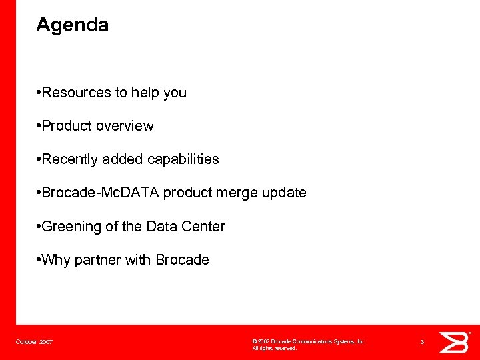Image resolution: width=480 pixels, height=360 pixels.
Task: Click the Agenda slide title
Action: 72,25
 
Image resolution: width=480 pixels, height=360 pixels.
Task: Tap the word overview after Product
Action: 125,126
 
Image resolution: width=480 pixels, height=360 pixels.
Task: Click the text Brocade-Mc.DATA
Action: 100,193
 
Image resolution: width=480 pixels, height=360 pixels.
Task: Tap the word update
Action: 285,193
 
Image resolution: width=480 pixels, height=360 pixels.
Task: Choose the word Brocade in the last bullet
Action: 182,260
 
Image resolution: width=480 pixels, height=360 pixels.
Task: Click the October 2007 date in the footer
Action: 35,342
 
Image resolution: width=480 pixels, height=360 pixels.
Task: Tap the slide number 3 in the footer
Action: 422,342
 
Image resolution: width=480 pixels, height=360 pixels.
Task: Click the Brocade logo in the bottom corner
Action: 456,342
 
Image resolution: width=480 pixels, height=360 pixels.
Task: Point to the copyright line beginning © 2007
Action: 309,341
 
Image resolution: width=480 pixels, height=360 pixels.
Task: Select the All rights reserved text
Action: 274,348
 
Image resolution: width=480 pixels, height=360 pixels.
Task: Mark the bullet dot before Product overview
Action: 39,126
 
